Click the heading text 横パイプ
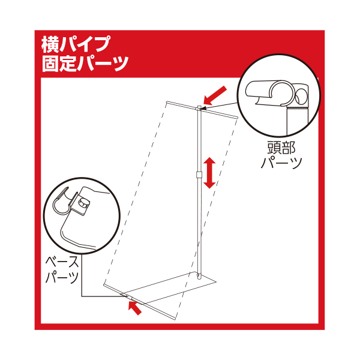pyautogui.click(x=76, y=44)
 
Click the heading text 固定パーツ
pyautogui.click(x=85, y=63)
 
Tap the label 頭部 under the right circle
pyautogui.click(x=281, y=147)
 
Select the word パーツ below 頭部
pyautogui.click(x=281, y=163)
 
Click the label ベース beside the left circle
pyautogui.click(x=62, y=262)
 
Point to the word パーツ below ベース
pyautogui.click(x=62, y=277)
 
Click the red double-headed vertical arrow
pyautogui.click(x=209, y=173)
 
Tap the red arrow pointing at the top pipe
pyautogui.click(x=215, y=95)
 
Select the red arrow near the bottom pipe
pyautogui.click(x=135, y=308)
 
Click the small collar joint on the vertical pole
pyautogui.click(x=199, y=174)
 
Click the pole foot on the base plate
pyautogui.click(x=199, y=276)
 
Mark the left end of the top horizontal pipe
pyautogui.click(x=167, y=102)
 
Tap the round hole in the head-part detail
pyautogui.click(x=301, y=97)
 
